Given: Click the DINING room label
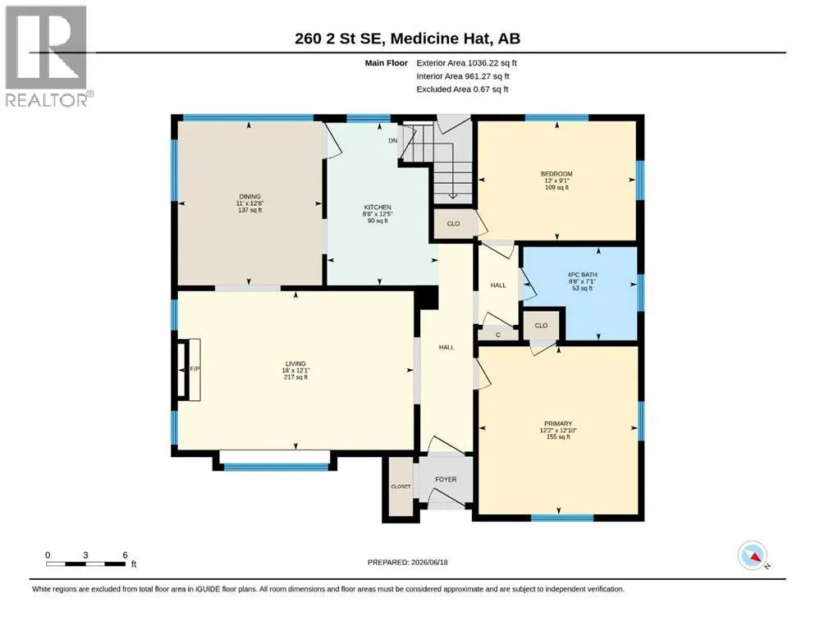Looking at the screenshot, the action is click(x=250, y=197).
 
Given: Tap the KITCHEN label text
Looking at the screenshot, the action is click(x=378, y=208).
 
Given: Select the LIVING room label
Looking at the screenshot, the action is click(x=295, y=363).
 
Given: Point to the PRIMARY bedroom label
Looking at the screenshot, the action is click(x=558, y=424).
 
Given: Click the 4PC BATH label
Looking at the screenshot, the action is click(x=582, y=275).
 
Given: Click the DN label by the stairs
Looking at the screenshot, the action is click(x=393, y=141).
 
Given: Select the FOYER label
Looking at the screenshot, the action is click(x=446, y=479).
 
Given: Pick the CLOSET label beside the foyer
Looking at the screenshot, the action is click(x=401, y=486).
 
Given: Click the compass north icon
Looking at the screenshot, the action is click(x=753, y=555).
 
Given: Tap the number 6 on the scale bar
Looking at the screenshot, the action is click(x=126, y=555).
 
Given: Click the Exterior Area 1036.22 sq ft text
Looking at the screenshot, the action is click(x=466, y=63).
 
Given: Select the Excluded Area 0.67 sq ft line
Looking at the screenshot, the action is click(x=462, y=89).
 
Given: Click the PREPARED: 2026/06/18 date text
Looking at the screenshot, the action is click(x=407, y=562).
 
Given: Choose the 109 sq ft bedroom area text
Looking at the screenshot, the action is click(x=556, y=188).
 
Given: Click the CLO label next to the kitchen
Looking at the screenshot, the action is click(x=453, y=224).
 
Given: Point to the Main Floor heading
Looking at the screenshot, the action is click(x=387, y=63).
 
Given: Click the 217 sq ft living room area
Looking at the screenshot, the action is click(x=295, y=377).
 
